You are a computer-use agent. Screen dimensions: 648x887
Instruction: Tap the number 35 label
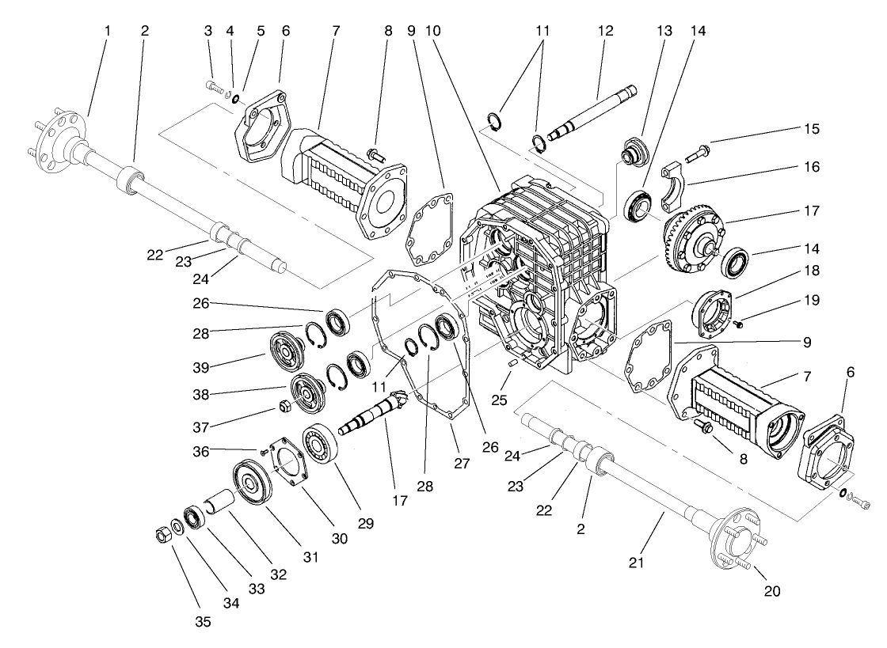point(204,621)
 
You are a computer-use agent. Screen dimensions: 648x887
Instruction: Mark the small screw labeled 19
point(738,324)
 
